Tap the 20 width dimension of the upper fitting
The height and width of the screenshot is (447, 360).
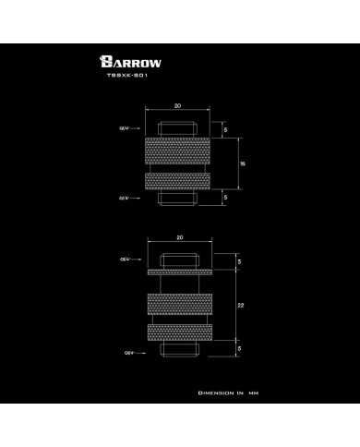coord(179,106)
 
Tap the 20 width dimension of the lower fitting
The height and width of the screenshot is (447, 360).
coord(180,238)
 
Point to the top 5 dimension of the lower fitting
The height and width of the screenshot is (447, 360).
coord(239,263)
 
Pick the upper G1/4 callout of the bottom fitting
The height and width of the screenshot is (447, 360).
coord(124,262)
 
